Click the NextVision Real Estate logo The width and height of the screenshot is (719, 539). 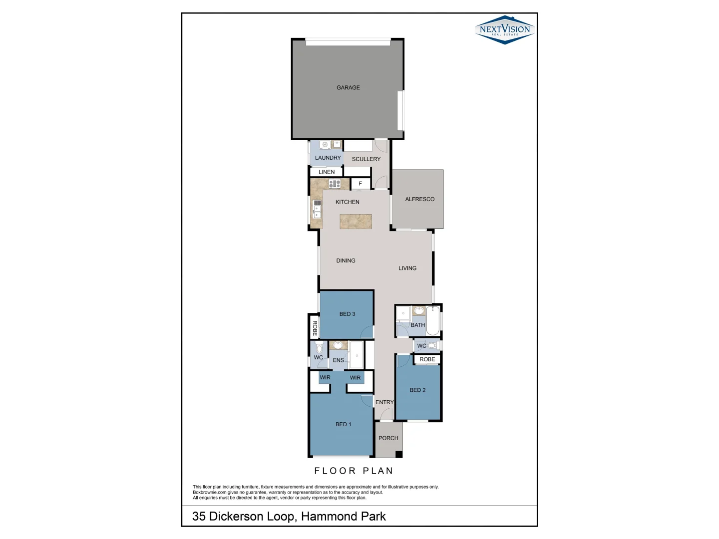point(505,29)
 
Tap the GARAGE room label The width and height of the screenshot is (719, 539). point(348,88)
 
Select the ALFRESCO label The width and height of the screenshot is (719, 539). point(419,199)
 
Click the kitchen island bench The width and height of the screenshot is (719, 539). point(356,221)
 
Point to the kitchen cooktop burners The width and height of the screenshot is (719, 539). point(335,184)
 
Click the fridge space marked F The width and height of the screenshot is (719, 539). point(360,184)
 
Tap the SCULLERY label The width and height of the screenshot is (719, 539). point(366,159)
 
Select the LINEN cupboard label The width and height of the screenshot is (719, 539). point(327,172)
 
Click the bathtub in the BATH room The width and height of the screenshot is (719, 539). point(432,320)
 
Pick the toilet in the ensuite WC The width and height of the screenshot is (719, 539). point(319,348)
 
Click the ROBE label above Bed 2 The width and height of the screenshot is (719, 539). point(427,359)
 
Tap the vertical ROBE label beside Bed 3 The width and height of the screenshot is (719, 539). point(315,328)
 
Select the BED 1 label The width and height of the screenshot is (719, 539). point(343,424)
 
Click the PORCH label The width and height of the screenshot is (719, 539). point(388,438)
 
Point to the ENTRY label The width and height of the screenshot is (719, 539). point(384,402)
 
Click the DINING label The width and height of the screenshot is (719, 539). point(346,261)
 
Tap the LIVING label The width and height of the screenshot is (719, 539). point(407,269)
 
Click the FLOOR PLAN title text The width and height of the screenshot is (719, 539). point(354,471)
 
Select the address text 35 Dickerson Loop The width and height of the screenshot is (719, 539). point(289,516)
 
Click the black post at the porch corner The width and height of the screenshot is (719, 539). point(398,454)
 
